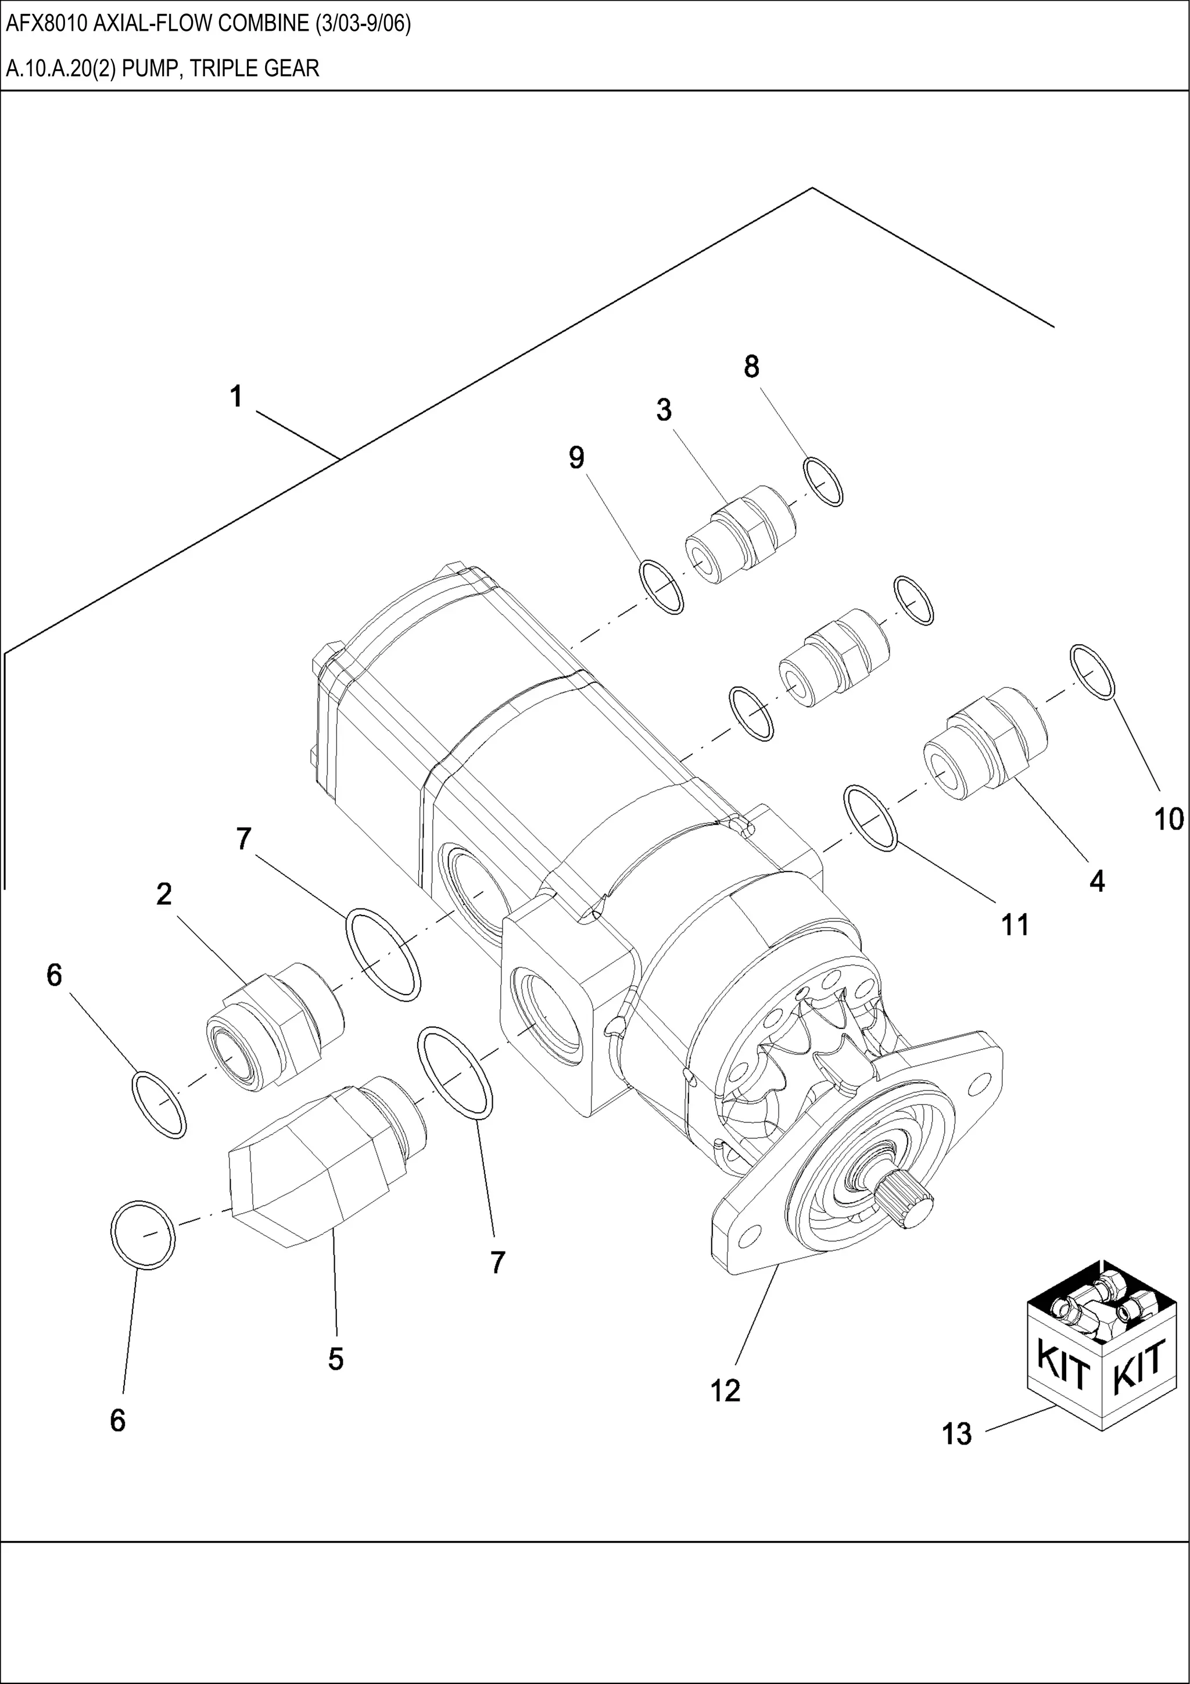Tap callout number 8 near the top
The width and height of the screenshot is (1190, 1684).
[x=751, y=367]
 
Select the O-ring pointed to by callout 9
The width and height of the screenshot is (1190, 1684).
[x=661, y=587]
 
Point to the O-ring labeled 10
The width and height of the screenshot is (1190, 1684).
[x=1092, y=672]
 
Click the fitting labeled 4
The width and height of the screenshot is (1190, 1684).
[x=983, y=745]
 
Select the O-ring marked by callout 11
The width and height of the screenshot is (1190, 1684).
[x=872, y=818]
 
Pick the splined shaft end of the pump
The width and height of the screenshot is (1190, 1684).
[x=908, y=1209]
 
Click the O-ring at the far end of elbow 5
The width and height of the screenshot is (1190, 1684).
[x=142, y=1235]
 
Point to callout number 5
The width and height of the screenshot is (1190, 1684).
[x=335, y=1359]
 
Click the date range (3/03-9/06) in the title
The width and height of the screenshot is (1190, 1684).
[x=363, y=24]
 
